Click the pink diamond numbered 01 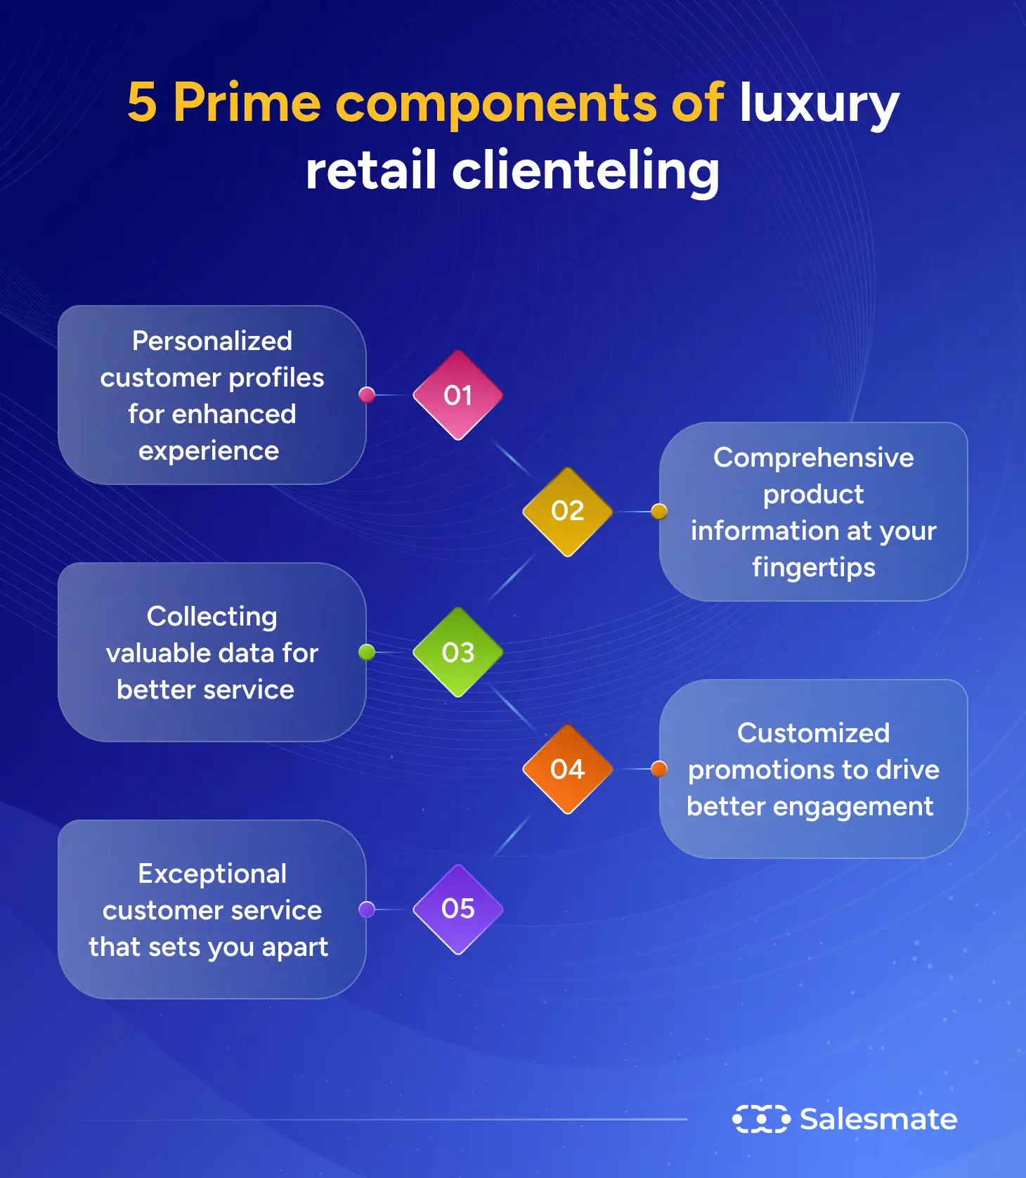point(457,395)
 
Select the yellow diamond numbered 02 point(567,511)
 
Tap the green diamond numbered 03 point(457,652)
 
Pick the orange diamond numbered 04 point(567,769)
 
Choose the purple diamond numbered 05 point(457,909)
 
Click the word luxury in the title point(819,103)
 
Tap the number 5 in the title point(142,103)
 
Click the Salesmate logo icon point(761,1118)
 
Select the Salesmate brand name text point(878,1119)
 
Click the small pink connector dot point(367,395)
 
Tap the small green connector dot point(367,652)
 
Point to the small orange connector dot point(658,769)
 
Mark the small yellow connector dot point(658,511)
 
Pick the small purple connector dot point(367,910)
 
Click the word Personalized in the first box point(212,341)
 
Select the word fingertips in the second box point(813,567)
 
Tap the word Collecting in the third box point(212,616)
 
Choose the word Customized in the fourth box point(813,733)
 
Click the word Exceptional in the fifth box point(212,874)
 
